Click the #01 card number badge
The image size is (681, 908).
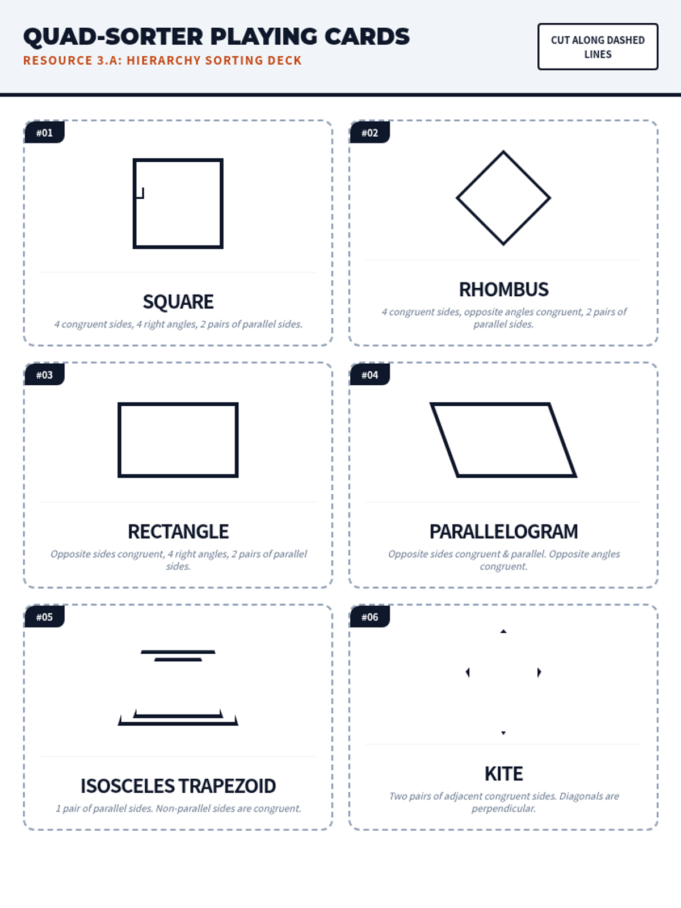click(44, 132)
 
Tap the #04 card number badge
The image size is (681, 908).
click(369, 375)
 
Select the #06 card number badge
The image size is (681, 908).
click(369, 617)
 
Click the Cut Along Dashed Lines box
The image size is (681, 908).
click(598, 47)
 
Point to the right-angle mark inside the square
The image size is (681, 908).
click(140, 193)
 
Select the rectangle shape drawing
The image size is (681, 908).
click(119, 440)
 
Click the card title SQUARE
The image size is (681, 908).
click(178, 301)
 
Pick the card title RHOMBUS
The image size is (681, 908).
click(503, 289)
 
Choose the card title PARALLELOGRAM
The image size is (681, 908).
click(503, 532)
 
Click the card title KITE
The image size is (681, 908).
click(503, 774)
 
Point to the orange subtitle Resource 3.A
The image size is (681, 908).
click(162, 60)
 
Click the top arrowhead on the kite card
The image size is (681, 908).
click(503, 631)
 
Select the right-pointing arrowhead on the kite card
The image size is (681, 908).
click(539, 672)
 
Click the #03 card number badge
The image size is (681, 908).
click(44, 375)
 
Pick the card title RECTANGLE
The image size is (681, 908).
click(178, 532)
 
